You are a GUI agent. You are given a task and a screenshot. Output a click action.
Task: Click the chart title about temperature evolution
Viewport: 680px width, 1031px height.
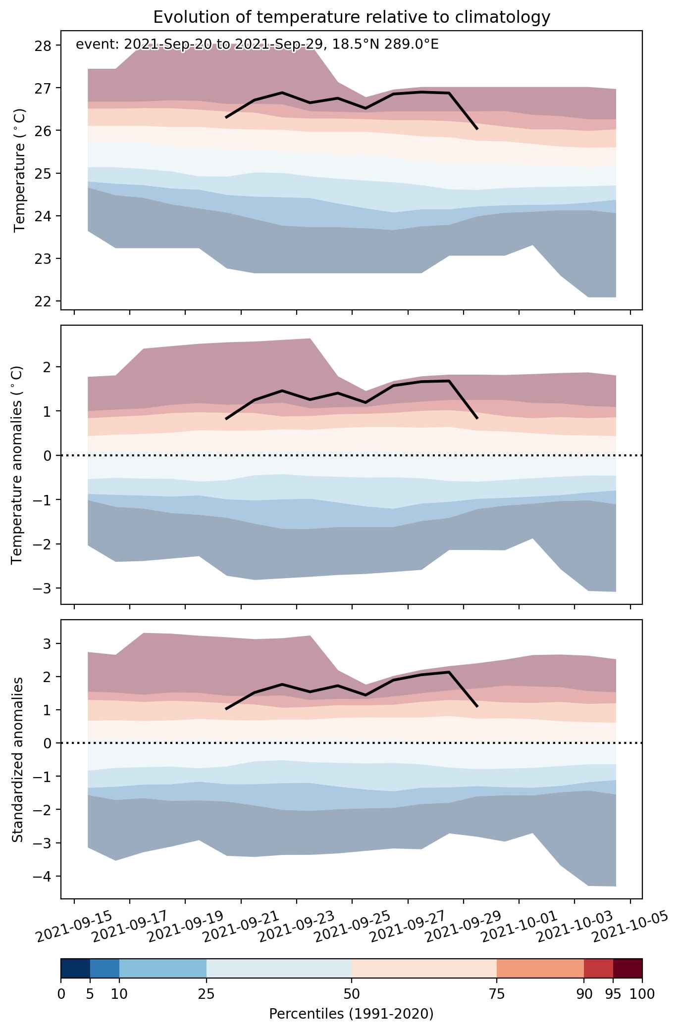pyautogui.click(x=352, y=17)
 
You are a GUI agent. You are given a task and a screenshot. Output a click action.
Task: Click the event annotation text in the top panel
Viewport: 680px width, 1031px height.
pyautogui.click(x=257, y=45)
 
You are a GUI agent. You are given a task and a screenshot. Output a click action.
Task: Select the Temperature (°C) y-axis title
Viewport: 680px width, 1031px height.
pyautogui.click(x=19, y=170)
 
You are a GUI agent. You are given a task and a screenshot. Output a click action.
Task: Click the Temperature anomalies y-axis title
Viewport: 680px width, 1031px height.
pyautogui.click(x=17, y=465)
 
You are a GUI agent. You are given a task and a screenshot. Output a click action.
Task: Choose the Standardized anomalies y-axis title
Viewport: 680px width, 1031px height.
pyautogui.click(x=17, y=759)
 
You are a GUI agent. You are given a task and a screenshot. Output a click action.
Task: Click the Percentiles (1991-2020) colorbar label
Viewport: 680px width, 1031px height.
pyautogui.click(x=351, y=1014)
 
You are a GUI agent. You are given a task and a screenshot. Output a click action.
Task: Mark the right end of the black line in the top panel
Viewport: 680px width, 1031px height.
pyautogui.click(x=477, y=129)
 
